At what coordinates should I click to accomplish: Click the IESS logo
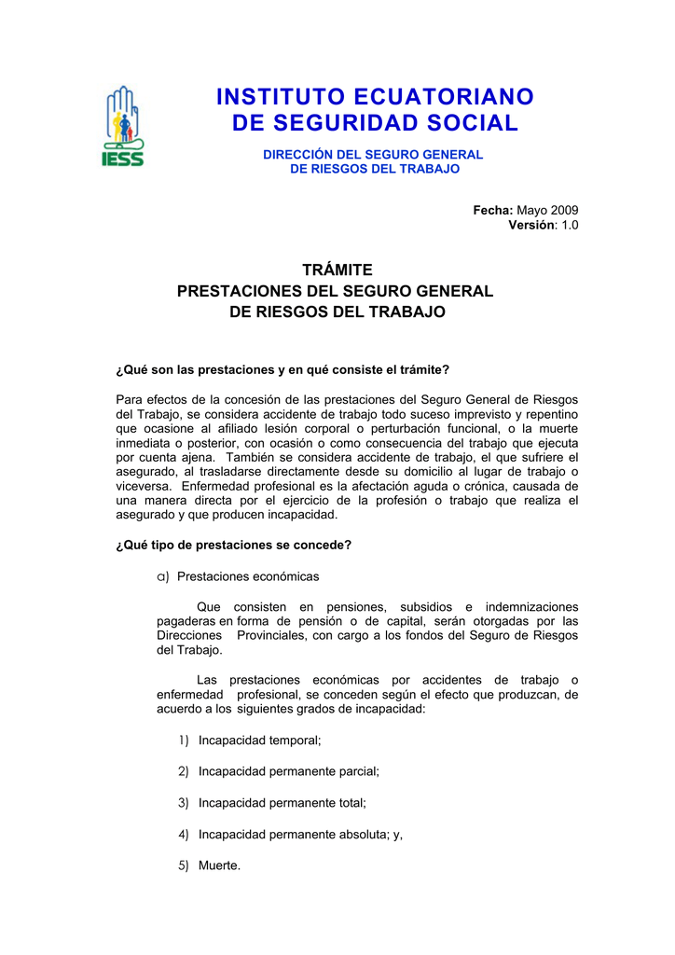[x=122, y=127]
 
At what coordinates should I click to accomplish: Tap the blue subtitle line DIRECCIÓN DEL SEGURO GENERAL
[x=373, y=154]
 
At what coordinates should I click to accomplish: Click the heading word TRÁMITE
[x=337, y=270]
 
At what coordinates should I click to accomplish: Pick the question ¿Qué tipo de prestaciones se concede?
[x=233, y=545]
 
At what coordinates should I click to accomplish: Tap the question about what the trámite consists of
[x=282, y=370]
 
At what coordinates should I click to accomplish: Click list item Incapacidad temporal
[x=259, y=740]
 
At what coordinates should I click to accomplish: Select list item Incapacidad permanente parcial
[x=288, y=771]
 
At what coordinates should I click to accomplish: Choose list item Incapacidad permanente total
[x=282, y=802]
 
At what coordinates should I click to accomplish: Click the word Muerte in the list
[x=219, y=865]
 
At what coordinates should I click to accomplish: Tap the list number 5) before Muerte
[x=184, y=865]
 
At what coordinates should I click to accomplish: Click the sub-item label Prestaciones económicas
[x=248, y=576]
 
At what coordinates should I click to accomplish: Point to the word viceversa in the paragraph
[x=144, y=486]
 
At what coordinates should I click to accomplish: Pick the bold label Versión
[x=530, y=226]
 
